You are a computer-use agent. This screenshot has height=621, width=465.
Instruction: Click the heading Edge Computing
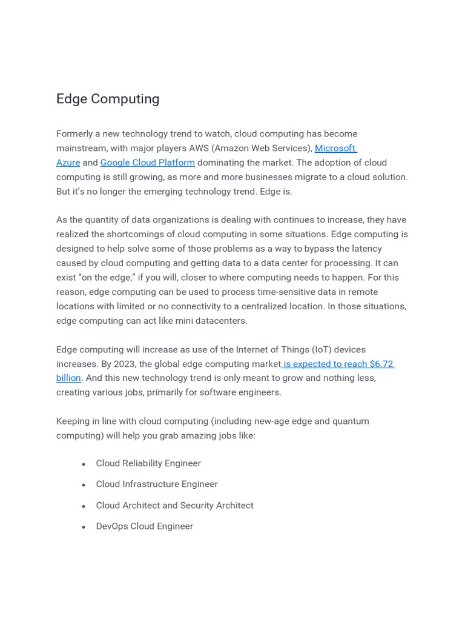pyautogui.click(x=108, y=99)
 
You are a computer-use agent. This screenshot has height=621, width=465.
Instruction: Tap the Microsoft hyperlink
pyautogui.click(x=335, y=148)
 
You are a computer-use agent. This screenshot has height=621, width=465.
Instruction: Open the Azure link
pyautogui.click(x=68, y=163)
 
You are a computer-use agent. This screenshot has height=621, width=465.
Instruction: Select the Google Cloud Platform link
pyautogui.click(x=147, y=163)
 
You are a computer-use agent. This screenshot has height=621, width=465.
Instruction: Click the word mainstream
pyautogui.click(x=82, y=148)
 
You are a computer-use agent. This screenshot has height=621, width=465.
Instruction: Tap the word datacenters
pyautogui.click(x=219, y=321)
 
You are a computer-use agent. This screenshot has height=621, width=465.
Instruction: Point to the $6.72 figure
pyautogui.click(x=381, y=364)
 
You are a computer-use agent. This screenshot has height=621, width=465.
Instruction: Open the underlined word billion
pyautogui.click(x=68, y=378)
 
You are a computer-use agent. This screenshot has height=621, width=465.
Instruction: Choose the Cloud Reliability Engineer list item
pyautogui.click(x=148, y=463)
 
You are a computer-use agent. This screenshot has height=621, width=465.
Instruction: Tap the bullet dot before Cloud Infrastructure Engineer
pyautogui.click(x=84, y=485)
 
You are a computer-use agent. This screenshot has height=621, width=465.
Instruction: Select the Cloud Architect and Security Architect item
pyautogui.click(x=174, y=505)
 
